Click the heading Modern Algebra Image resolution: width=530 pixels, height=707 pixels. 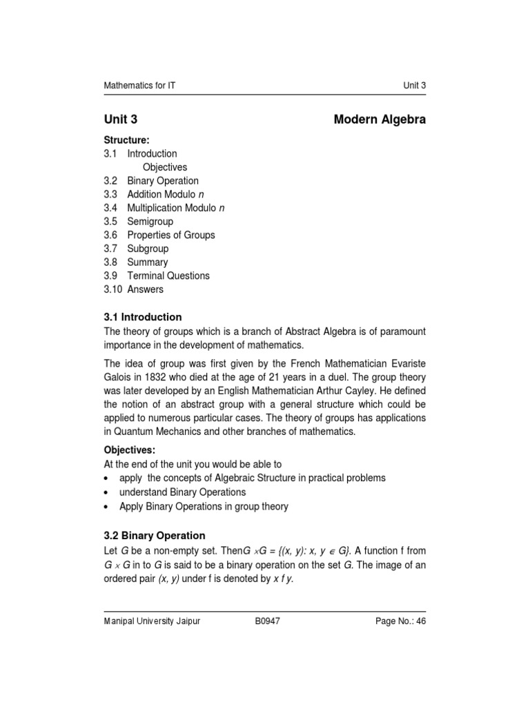(x=380, y=119)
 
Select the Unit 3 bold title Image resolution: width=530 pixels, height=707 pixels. (x=125, y=119)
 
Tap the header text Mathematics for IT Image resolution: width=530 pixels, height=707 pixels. (x=144, y=85)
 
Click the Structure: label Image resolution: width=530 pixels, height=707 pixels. (x=126, y=140)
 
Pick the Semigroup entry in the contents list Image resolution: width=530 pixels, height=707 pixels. (x=150, y=222)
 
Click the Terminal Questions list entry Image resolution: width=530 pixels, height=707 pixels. (x=168, y=275)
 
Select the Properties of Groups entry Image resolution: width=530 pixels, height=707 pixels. (x=171, y=235)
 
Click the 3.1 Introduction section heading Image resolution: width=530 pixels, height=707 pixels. (x=143, y=318)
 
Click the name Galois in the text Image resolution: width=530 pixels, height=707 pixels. (x=118, y=377)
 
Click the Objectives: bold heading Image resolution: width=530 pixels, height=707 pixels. (x=129, y=450)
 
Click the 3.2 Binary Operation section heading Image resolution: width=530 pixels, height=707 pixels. (x=155, y=535)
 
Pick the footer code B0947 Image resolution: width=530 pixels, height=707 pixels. (x=268, y=621)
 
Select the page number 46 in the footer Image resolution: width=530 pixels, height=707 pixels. (x=420, y=621)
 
